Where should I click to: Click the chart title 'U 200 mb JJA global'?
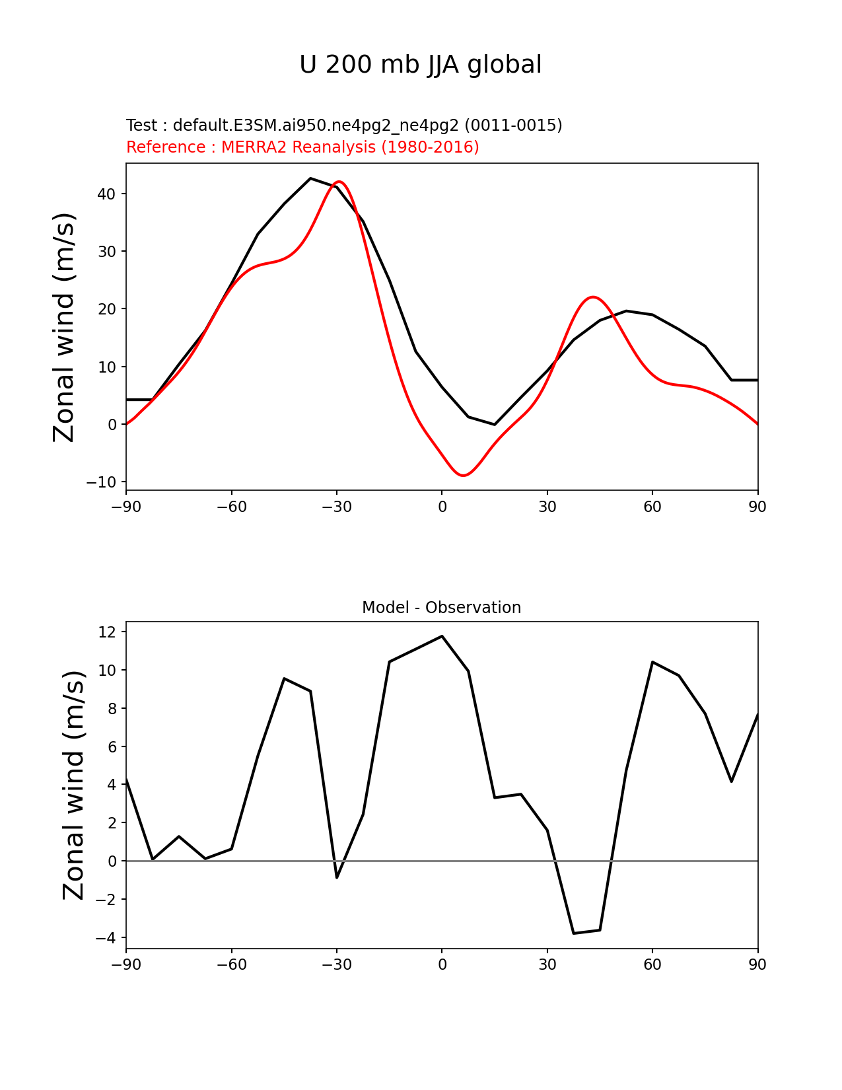pyautogui.click(x=420, y=65)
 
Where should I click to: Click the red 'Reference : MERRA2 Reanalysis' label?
pyautogui.click(x=302, y=147)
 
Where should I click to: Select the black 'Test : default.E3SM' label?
pyautogui.click(x=344, y=126)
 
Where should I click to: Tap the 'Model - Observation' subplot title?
pyautogui.click(x=441, y=608)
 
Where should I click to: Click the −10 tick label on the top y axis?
pyautogui.click(x=101, y=482)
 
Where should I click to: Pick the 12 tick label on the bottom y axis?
pyautogui.click(x=108, y=632)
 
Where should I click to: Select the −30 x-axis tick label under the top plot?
pyautogui.click(x=336, y=507)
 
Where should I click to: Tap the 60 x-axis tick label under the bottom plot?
pyautogui.click(x=652, y=965)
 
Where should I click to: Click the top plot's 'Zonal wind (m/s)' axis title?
pyautogui.click(x=65, y=327)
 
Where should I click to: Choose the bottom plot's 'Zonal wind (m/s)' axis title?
pyautogui.click(x=74, y=785)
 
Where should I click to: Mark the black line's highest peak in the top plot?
pyautogui.click(x=310, y=178)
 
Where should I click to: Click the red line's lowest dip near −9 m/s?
pyautogui.click(x=464, y=476)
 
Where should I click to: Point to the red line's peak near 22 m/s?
pyautogui.click(x=593, y=297)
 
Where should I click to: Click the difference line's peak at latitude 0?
pyautogui.click(x=442, y=636)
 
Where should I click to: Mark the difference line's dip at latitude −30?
pyautogui.click(x=337, y=877)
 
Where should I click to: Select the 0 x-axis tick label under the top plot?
pyautogui.click(x=442, y=507)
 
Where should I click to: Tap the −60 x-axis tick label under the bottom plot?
pyautogui.click(x=231, y=965)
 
